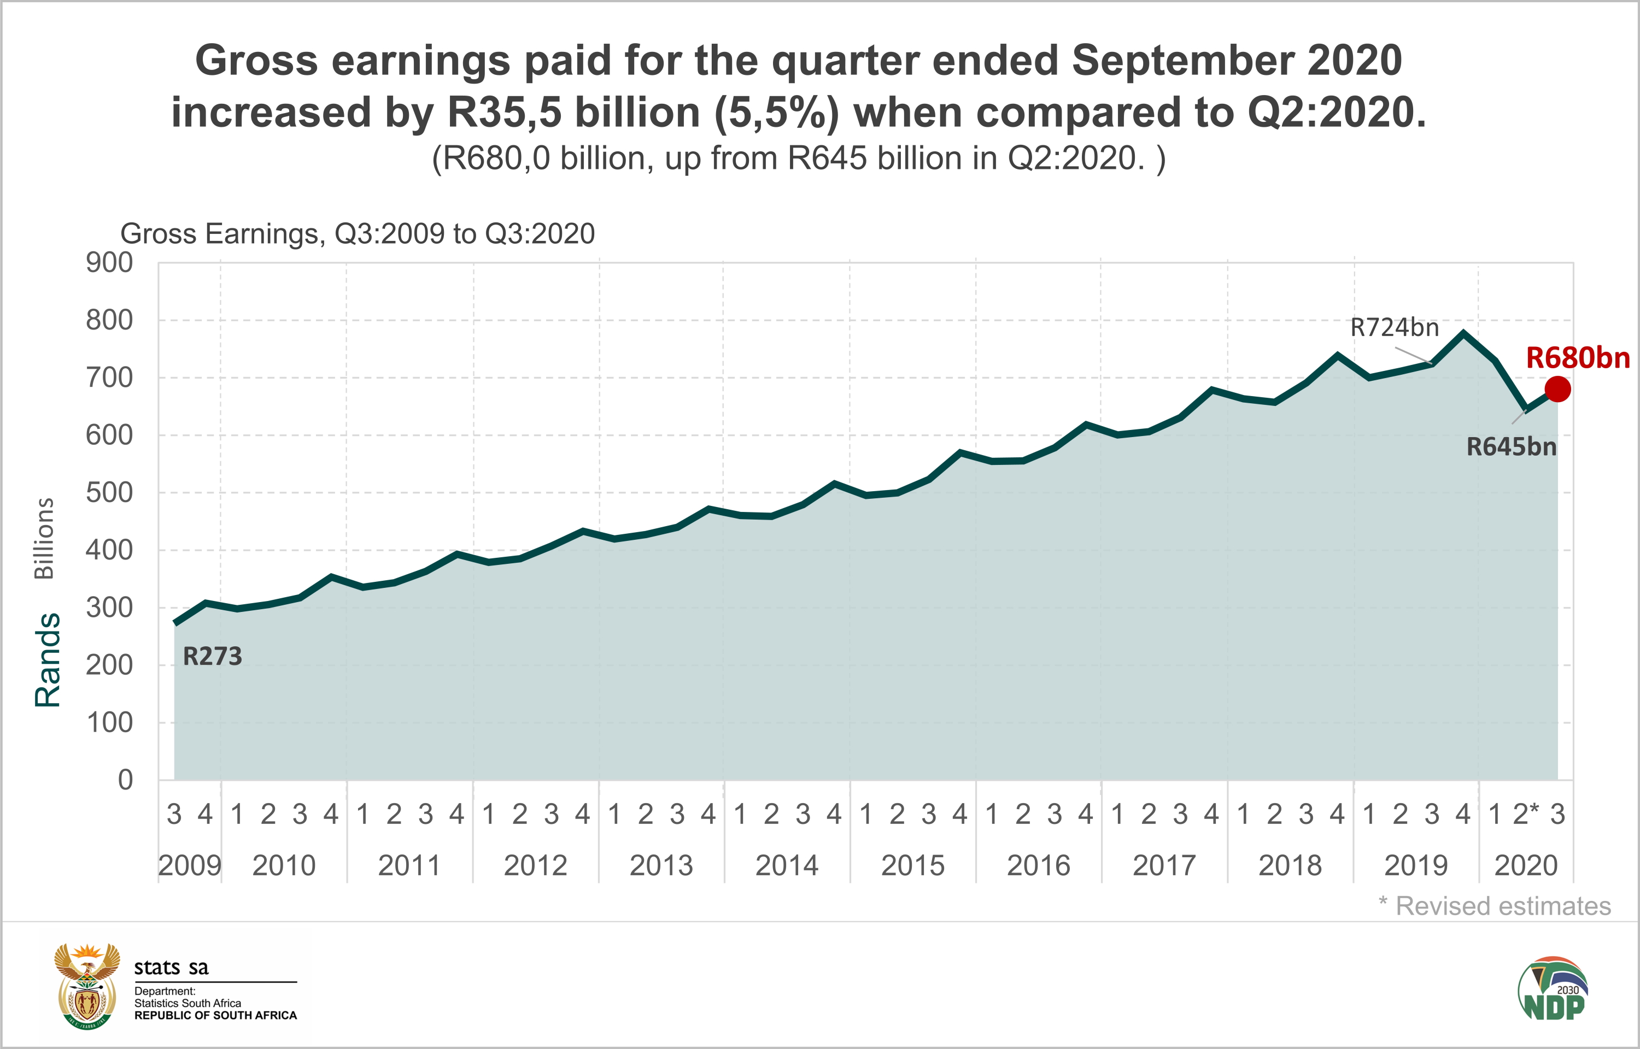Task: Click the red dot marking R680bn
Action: [x=1557, y=389]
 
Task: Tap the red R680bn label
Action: [x=1577, y=358]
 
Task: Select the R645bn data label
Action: [x=1511, y=447]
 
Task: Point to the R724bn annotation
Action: [x=1394, y=328]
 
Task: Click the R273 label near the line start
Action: [x=213, y=657]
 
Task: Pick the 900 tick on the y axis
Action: [x=109, y=262]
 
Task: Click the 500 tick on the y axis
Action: [x=109, y=492]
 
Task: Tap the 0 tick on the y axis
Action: [x=125, y=780]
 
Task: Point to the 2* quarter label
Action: [x=1526, y=814]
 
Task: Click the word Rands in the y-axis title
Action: [x=48, y=659]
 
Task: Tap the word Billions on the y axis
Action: [x=44, y=538]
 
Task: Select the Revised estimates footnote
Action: [x=1495, y=906]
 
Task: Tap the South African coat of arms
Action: [x=86, y=986]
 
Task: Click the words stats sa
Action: [x=171, y=967]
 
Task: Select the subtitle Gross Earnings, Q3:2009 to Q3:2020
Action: [x=358, y=234]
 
